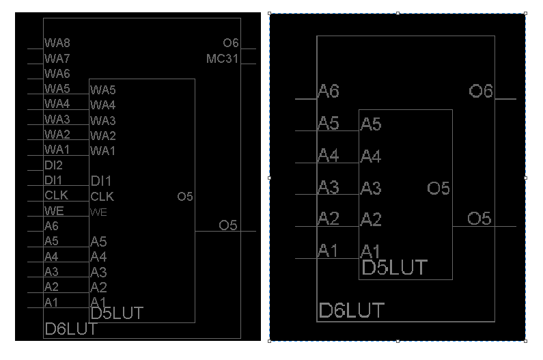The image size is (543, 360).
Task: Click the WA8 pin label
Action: [57, 43]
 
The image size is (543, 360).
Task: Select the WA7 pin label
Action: [57, 59]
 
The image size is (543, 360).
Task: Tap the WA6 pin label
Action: [57, 74]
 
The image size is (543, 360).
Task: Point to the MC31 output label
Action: [222, 59]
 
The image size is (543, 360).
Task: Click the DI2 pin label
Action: [53, 165]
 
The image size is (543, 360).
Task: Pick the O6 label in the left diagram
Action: [230, 43]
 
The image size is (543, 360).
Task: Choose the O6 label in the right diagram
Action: [481, 91]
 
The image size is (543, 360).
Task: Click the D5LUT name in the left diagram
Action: [117, 314]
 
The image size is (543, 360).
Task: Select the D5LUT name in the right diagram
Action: [394, 267]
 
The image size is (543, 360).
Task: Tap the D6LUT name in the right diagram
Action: [352, 311]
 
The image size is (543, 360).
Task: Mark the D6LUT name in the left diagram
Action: [70, 329]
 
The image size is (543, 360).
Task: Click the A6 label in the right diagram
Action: [328, 92]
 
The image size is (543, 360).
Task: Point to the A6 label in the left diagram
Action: [51, 226]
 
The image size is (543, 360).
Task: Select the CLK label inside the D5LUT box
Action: [102, 197]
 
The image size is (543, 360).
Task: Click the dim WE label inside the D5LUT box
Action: [98, 212]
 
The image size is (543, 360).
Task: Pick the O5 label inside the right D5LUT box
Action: [438, 189]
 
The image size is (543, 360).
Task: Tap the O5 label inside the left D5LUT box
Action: [185, 197]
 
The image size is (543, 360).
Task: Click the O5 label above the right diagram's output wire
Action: [479, 219]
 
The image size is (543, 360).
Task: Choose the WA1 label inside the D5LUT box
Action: [102, 150]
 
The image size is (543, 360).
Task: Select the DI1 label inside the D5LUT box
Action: [100, 181]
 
